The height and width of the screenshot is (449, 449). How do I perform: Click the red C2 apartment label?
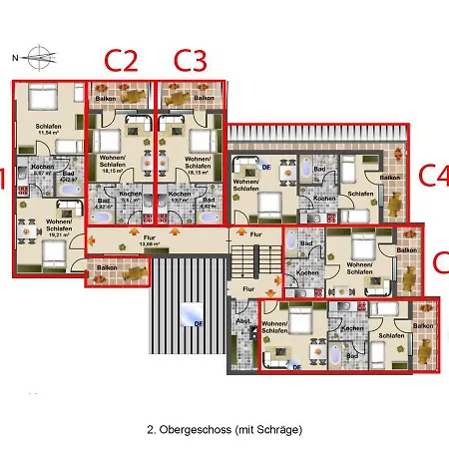click(x=120, y=60)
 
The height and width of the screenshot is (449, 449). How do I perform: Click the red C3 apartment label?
click(x=190, y=60)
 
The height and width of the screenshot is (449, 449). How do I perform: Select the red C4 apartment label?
click(x=432, y=176)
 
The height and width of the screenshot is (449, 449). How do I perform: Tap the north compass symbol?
click(x=37, y=56)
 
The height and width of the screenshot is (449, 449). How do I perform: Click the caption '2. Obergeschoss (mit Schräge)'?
click(x=224, y=429)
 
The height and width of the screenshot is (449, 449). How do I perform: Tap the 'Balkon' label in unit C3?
click(x=204, y=99)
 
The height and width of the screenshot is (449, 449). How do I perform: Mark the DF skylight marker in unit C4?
click(x=265, y=157)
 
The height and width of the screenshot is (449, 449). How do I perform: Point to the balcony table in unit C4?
click(x=396, y=205)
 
